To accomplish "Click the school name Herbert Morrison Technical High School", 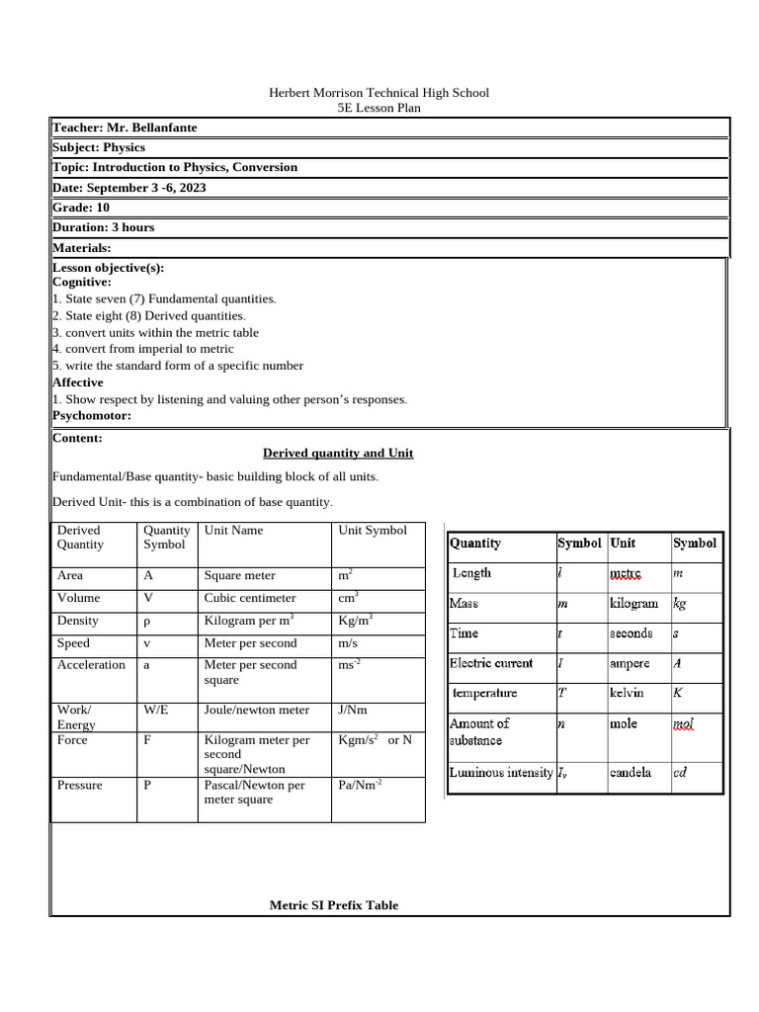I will (x=379, y=92).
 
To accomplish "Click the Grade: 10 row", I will (x=81, y=208).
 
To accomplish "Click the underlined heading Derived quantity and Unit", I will (x=338, y=453).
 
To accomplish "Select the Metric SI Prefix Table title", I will (x=334, y=904).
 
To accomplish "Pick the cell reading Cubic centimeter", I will (x=249, y=598).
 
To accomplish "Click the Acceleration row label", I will (x=91, y=665).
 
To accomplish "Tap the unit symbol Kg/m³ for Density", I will (x=355, y=620).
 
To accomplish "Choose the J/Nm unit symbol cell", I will (x=354, y=710).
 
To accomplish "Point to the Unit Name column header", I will (x=233, y=531).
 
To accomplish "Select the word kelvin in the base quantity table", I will (x=629, y=693).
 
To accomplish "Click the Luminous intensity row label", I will (x=500, y=773).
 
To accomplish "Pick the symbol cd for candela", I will (x=680, y=773).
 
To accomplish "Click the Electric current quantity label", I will (x=490, y=663).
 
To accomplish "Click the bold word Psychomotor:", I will (x=91, y=416).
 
